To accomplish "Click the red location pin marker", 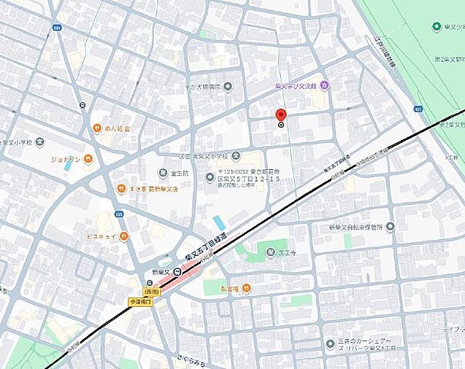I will click(x=281, y=118).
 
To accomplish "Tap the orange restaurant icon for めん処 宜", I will click(x=97, y=128).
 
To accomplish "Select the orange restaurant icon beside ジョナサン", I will click(x=89, y=159).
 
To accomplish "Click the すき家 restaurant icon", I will click(x=121, y=188).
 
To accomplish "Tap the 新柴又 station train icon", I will click(x=176, y=271).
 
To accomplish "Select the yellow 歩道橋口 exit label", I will click(x=140, y=302).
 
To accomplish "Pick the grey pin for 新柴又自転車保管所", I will click(x=390, y=227).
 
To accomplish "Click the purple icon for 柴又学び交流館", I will click(x=325, y=85).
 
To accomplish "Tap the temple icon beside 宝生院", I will click(x=162, y=173).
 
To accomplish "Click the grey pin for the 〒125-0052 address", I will click(x=209, y=178).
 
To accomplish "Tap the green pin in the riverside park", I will click(x=437, y=27).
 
